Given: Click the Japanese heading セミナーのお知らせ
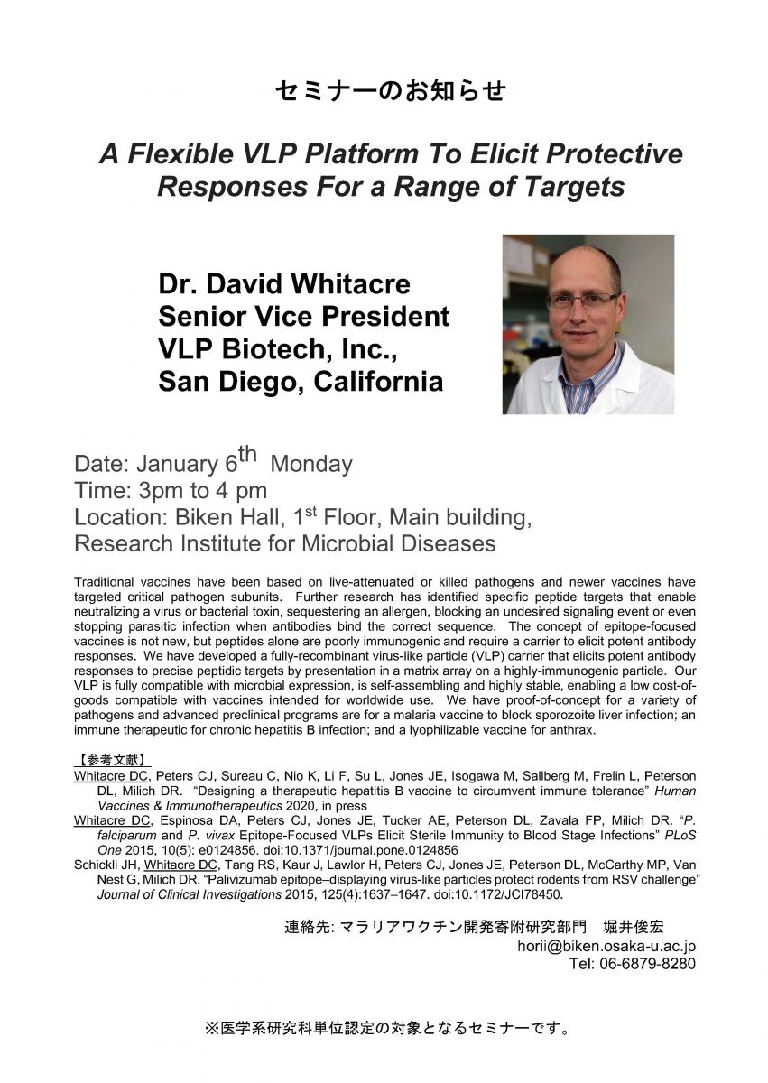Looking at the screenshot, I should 389,91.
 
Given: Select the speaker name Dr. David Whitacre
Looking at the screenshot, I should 284,284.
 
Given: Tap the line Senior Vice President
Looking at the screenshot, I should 303,317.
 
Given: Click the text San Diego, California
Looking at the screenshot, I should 301,382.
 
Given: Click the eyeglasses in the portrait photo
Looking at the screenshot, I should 581,301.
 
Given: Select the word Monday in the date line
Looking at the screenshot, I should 311,465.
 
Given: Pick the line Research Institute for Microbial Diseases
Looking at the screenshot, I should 284,544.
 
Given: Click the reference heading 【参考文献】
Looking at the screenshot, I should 112,759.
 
